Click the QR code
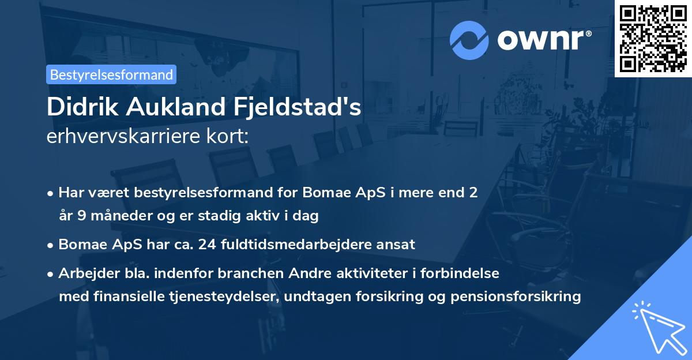(x=653, y=39)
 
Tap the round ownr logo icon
(x=469, y=40)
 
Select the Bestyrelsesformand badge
(x=111, y=74)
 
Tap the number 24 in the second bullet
(x=206, y=244)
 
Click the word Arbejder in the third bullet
(x=85, y=273)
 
